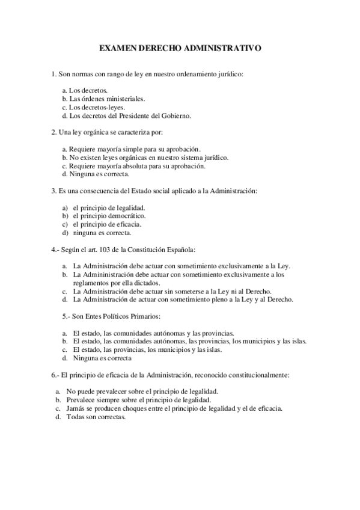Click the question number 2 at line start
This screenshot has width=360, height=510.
(x=53, y=132)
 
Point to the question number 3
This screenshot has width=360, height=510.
(x=53, y=191)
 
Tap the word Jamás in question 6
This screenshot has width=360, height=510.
(x=76, y=408)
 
